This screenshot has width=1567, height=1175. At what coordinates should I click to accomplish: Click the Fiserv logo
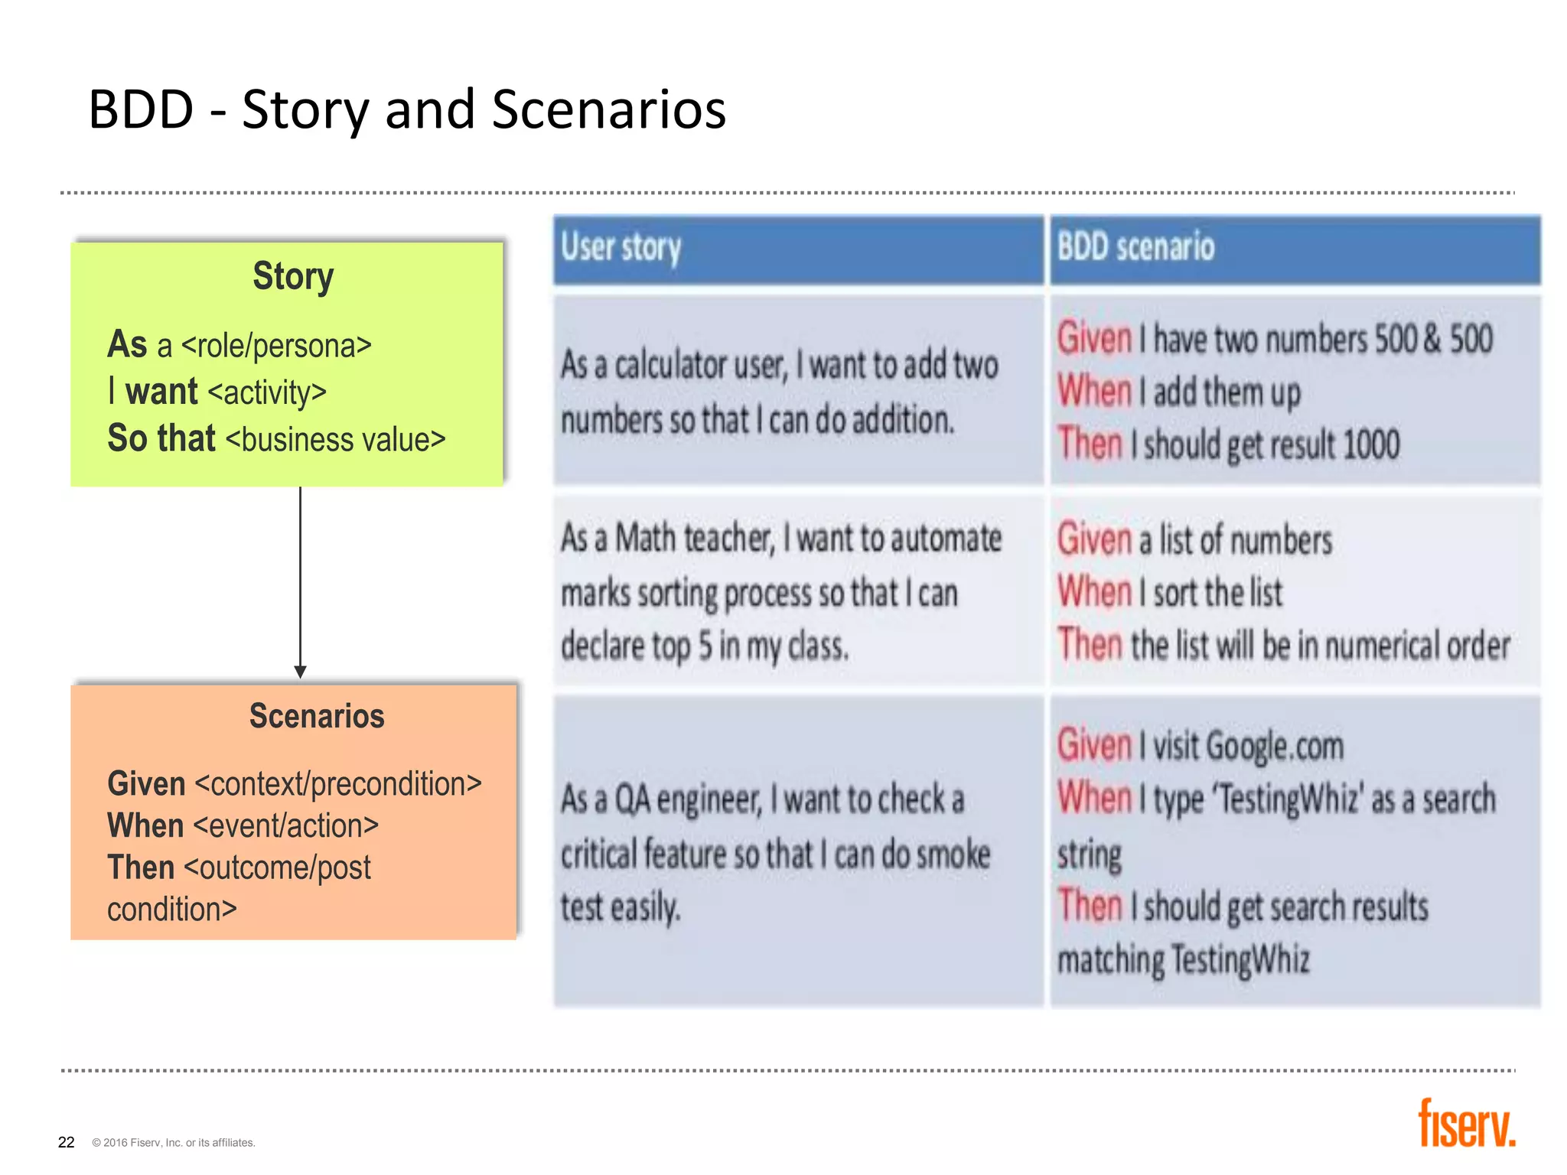click(x=1466, y=1124)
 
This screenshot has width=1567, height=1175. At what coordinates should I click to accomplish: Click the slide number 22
click(x=67, y=1142)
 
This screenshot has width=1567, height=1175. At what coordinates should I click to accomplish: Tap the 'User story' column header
click(x=621, y=248)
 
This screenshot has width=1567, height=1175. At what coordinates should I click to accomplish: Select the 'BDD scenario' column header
click(x=1135, y=248)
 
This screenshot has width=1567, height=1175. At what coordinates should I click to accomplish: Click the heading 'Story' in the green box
click(x=293, y=276)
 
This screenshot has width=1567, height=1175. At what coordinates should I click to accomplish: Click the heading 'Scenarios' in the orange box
click(x=317, y=717)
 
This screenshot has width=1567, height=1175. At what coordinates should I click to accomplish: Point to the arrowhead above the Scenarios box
click(x=300, y=671)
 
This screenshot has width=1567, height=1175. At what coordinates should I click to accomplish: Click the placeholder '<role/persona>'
click(x=276, y=346)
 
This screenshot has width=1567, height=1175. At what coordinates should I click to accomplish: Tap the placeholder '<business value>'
click(x=335, y=440)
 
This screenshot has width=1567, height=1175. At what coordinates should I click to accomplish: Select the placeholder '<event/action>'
click(x=285, y=826)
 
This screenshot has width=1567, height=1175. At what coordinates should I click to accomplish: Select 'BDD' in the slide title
click(x=141, y=110)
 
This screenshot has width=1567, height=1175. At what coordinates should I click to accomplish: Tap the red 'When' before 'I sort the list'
click(x=1093, y=592)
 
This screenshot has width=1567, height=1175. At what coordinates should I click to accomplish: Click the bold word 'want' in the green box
click(x=161, y=392)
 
